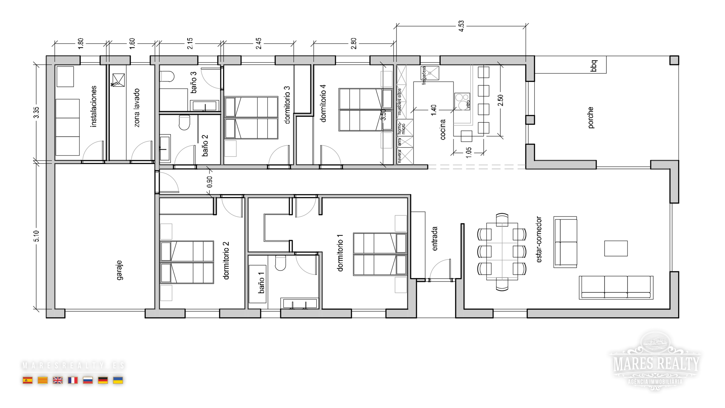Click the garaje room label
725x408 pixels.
pyautogui.click(x=119, y=270)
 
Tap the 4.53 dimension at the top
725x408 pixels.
pyautogui.click(x=461, y=26)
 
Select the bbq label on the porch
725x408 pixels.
pyautogui.click(x=594, y=65)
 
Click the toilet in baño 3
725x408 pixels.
pyautogui.click(x=167, y=76)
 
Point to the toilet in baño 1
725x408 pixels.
pyautogui.click(x=280, y=263)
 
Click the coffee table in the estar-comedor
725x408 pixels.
pyautogui.click(x=615, y=248)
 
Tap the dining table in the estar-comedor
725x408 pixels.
pyautogui.click(x=501, y=251)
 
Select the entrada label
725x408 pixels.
pyautogui.click(x=435, y=238)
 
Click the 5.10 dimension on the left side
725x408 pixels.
pyautogui.click(x=36, y=236)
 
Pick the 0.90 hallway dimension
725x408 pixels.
pyautogui.click(x=210, y=182)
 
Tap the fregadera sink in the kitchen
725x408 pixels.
pyautogui.click(x=430, y=73)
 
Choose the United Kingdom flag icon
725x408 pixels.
pyautogui.click(x=58, y=380)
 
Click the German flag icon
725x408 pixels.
pyautogui.click(x=103, y=380)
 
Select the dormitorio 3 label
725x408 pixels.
pyautogui.click(x=287, y=105)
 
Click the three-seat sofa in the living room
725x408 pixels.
pyautogui.click(x=616, y=287)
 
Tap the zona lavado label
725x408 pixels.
pyautogui.click(x=137, y=108)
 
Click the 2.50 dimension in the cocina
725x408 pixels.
pyautogui.click(x=500, y=100)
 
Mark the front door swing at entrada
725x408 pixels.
pyautogui.click(x=440, y=270)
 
